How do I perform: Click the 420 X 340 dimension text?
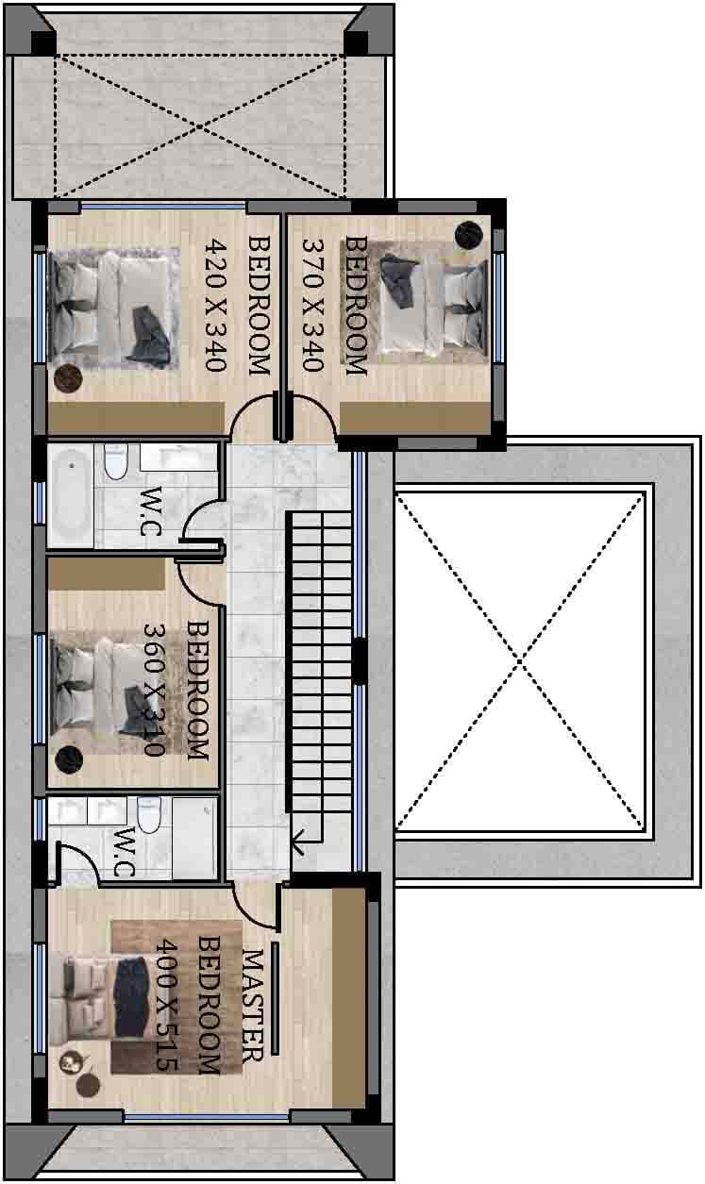click(216, 306)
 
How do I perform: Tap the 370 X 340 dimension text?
click(312, 306)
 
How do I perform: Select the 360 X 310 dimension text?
click(155, 691)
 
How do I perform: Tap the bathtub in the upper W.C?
click(71, 496)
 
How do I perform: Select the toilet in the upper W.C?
click(116, 461)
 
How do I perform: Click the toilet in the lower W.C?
click(149, 813)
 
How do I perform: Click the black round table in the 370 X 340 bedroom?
click(469, 234)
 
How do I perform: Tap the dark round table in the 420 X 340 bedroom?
click(68, 378)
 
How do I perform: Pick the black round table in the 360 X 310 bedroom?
click(69, 759)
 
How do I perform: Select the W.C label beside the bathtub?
click(150, 511)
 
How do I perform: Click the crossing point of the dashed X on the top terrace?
click(200, 126)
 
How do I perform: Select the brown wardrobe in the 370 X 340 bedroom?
click(415, 419)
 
